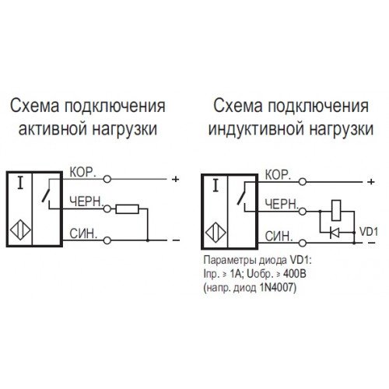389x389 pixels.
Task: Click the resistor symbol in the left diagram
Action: (x=128, y=209)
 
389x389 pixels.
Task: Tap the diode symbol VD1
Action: (x=335, y=233)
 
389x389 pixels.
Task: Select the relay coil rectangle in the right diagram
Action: (x=336, y=210)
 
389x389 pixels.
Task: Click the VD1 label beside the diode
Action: (x=369, y=232)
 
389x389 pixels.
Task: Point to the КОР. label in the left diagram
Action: (x=82, y=172)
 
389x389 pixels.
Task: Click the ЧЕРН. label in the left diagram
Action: (x=86, y=202)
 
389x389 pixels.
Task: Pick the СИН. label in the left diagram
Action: (x=83, y=234)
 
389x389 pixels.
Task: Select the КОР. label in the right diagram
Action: (x=278, y=175)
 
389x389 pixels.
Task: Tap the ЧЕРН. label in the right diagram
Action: (x=282, y=205)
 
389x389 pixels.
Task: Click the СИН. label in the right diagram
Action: (x=279, y=237)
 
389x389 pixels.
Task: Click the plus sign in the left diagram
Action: (x=176, y=179)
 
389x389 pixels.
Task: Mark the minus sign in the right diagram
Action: (x=371, y=243)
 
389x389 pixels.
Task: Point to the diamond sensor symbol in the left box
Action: (x=20, y=230)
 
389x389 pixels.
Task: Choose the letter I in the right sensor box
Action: (x=216, y=186)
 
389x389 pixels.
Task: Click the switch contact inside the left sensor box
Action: (x=46, y=193)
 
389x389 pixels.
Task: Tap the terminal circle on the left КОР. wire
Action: (x=107, y=179)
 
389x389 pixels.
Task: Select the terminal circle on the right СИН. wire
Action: (x=303, y=243)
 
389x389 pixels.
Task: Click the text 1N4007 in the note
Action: (x=276, y=288)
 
